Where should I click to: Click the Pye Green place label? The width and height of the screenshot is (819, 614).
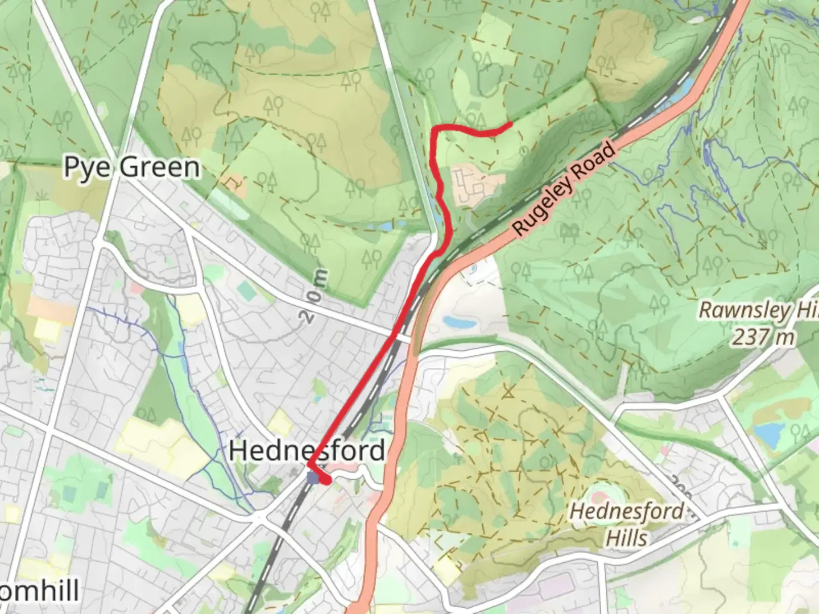132,167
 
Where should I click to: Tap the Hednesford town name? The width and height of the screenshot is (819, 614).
307,451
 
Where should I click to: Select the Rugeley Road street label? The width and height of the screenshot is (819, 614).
564,189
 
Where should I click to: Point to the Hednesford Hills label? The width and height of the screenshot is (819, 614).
627,524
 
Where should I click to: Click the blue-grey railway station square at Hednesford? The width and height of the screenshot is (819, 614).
313,478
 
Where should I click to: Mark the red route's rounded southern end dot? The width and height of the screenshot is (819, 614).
326,481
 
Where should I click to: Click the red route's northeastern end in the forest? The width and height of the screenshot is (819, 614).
510,123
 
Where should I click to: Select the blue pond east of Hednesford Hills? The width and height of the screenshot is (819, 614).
769,434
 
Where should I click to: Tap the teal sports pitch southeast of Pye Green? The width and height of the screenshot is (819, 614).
247,291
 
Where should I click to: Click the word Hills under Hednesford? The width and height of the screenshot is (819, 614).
626,537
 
